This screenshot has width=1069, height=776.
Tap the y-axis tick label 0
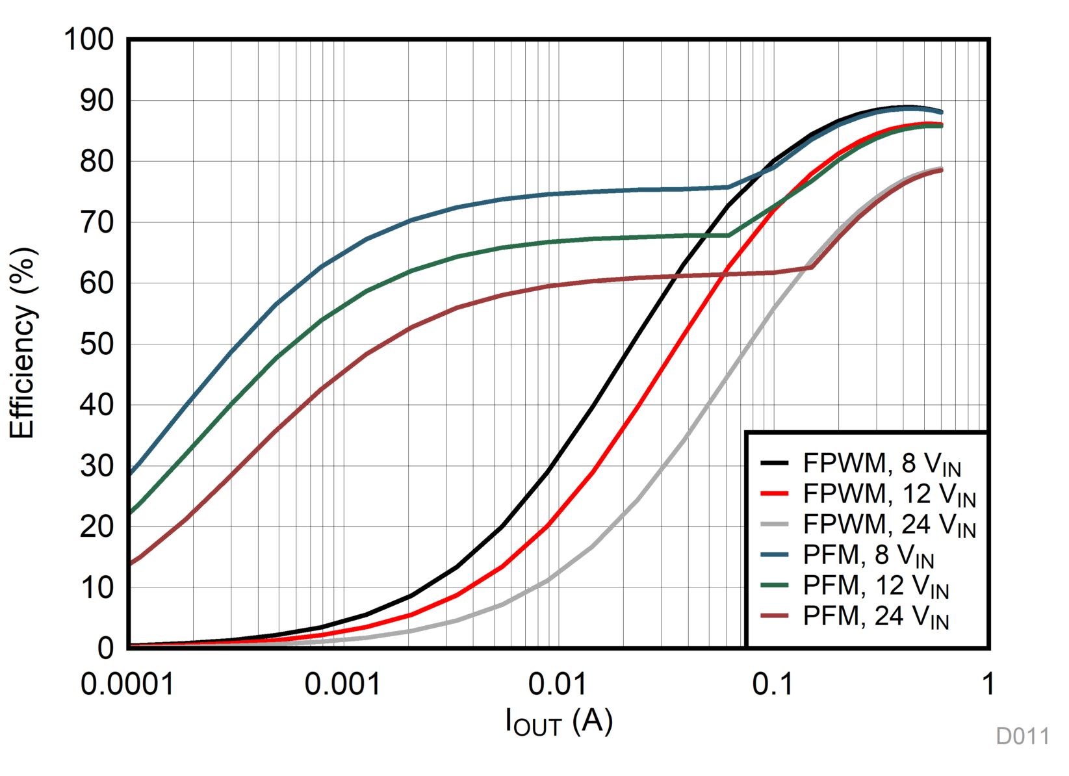[105, 648]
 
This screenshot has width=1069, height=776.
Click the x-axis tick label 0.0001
[127, 684]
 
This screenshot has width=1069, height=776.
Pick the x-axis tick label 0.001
[342, 684]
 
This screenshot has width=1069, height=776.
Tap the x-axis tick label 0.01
[558, 684]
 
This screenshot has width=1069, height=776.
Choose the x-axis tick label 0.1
[773, 684]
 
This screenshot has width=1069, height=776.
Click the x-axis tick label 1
[988, 684]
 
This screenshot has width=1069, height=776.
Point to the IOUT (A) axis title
[559, 721]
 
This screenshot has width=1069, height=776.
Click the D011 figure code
[1022, 736]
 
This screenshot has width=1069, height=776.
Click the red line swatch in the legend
[774, 494]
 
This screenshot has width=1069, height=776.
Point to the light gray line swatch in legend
[774, 524]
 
